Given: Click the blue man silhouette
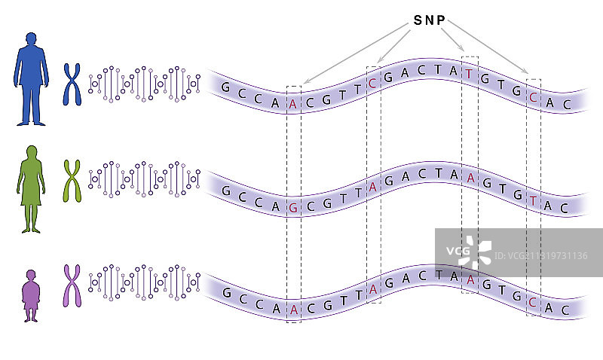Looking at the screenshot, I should click(30, 78).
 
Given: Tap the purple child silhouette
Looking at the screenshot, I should click(30, 295).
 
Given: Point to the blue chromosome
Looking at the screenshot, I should click(72, 84).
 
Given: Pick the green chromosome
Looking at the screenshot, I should click(72, 182).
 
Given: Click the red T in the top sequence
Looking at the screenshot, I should click(470, 73).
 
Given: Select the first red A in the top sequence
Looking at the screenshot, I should click(293, 105).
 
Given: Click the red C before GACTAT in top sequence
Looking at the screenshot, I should click(373, 82).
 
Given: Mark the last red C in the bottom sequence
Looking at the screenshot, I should click(534, 304).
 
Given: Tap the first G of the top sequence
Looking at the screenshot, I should click(225, 87).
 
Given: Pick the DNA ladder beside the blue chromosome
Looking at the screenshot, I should click(144, 84).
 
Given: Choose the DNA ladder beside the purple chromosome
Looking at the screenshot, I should click(144, 284).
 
